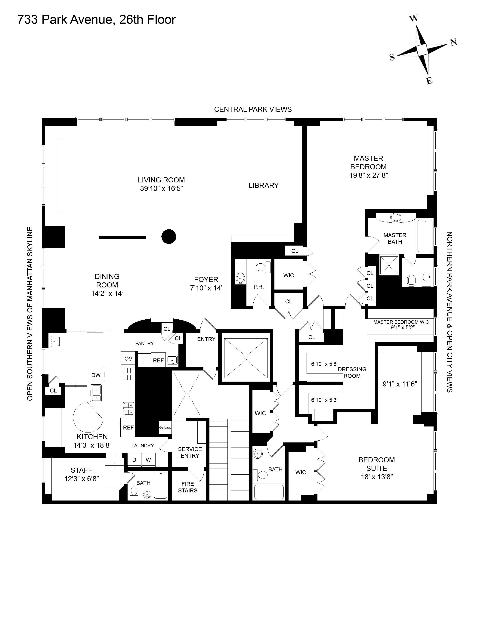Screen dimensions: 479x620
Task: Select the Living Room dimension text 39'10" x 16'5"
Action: [161, 188]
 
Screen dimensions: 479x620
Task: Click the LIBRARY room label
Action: [264, 185]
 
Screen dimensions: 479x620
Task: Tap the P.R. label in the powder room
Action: [259, 287]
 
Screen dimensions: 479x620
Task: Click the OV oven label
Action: [128, 358]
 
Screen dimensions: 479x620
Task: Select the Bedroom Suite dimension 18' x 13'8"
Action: [377, 477]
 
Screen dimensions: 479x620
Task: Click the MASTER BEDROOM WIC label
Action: [401, 322]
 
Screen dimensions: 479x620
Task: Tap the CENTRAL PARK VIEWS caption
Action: [252, 109]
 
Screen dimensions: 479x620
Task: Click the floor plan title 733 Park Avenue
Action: [97, 20]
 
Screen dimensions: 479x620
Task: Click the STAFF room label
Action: [82, 470]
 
